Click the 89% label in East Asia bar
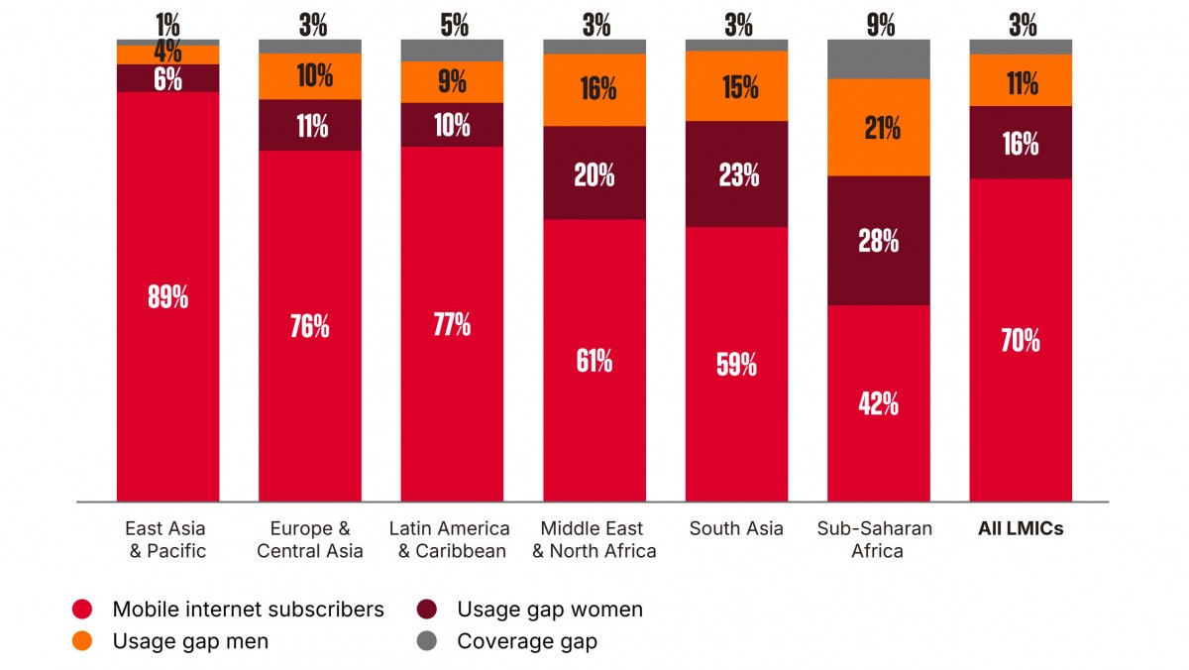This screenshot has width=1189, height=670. tap(167, 296)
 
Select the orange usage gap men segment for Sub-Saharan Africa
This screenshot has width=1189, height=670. tap(879, 128)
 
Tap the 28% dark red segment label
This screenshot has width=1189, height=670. tap(879, 241)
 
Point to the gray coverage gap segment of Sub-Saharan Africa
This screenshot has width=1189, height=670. tap(879, 58)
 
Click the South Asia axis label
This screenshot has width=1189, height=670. tap(736, 529)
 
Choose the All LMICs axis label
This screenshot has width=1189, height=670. tap(1021, 529)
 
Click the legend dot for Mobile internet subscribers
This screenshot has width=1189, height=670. tap(82, 609)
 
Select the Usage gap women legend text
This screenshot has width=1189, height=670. tap(550, 610)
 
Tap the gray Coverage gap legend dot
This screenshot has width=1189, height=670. tap(427, 641)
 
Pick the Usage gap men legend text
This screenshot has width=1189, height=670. tap(190, 641)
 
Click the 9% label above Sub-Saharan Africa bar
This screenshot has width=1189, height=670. tap(881, 25)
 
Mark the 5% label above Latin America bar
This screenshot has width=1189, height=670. tap(455, 25)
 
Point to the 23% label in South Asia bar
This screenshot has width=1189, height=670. tap(739, 174)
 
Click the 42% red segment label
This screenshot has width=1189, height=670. tap(879, 403)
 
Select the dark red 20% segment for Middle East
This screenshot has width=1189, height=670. tap(594, 173)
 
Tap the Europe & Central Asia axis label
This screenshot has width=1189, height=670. tap(310, 540)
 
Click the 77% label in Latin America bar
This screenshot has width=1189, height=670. tap(452, 324)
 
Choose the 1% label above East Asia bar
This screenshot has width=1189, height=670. tap(167, 25)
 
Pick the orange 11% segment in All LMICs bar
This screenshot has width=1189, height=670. tap(1021, 80)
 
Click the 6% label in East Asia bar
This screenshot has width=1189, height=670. tap(167, 79)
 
